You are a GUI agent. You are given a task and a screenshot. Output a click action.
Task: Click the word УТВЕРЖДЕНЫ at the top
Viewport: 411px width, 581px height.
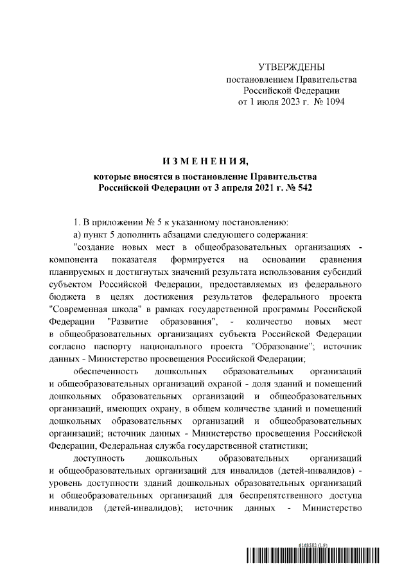tap(292, 67)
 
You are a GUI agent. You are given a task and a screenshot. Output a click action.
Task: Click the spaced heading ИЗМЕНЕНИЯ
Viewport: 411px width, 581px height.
tap(205, 160)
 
